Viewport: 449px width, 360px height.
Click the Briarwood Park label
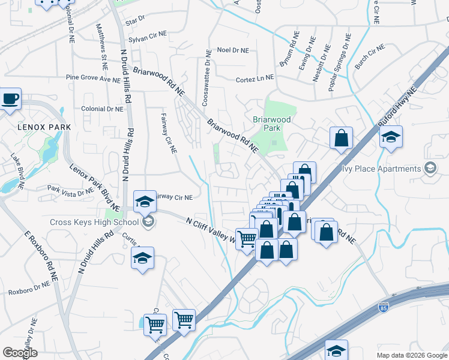pos(271,124)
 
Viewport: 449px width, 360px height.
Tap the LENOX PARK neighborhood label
pos(44,127)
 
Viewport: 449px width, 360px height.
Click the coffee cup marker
pos(10,99)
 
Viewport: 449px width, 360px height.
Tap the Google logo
pos(20,353)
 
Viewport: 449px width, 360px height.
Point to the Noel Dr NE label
pos(233,50)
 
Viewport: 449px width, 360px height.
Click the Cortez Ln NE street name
pos(255,79)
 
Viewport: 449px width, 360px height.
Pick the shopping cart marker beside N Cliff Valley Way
pos(247,239)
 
